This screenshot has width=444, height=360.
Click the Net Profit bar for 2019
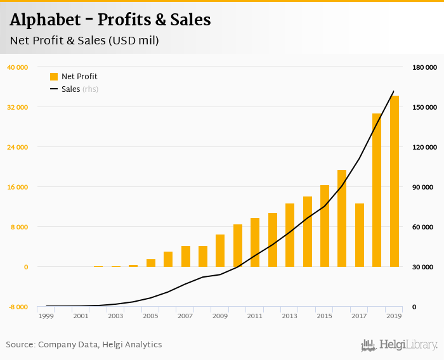(x=395, y=181)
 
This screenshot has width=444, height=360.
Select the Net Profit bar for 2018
(x=377, y=190)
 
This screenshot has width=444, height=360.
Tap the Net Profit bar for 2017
(x=360, y=235)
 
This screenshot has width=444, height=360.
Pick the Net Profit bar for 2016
(x=342, y=218)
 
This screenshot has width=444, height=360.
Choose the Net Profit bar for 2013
(x=290, y=235)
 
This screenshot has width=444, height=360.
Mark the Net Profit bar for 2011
(x=255, y=242)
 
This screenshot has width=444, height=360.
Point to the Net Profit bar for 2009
(x=220, y=250)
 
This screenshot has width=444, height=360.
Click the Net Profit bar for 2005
(x=151, y=263)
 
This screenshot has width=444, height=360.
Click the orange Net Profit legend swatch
(x=54, y=77)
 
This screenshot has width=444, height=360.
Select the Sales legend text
(x=70, y=89)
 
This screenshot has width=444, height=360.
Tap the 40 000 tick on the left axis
(x=18, y=67)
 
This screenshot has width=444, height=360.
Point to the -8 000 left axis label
(x=18, y=307)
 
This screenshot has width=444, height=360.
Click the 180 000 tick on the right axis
(x=425, y=67)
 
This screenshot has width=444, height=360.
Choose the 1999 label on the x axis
(x=46, y=316)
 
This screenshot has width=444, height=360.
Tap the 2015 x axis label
(x=325, y=316)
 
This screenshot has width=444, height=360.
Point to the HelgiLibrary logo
(x=400, y=345)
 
